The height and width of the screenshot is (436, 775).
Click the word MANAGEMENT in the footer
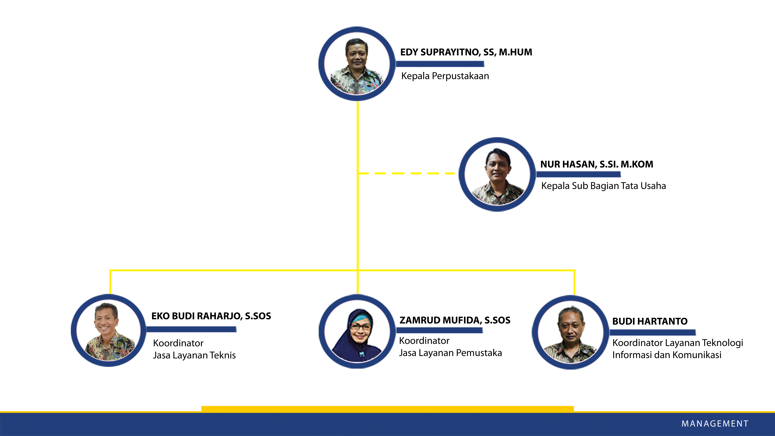[x=715, y=424]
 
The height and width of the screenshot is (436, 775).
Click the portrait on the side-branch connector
[x=497, y=175]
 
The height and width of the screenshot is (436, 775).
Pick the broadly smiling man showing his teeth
[x=108, y=330]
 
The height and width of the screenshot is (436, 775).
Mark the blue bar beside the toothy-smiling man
[x=191, y=329]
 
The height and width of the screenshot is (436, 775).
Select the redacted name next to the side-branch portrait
[x=597, y=164]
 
